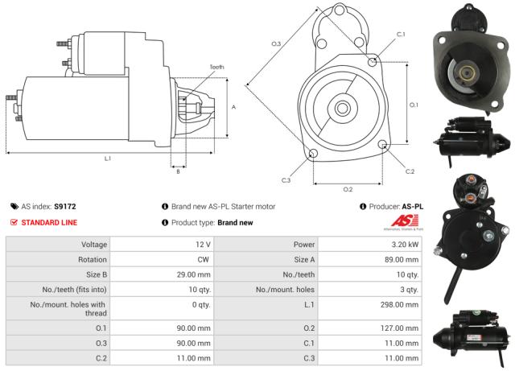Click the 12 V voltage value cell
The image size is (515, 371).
tap(202, 244)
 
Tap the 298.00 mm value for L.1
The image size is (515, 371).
tap(400, 305)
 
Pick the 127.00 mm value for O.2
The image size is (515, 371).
tap(400, 328)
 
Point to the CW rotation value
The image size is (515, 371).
tap(204, 259)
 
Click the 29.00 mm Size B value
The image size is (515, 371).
tap(194, 274)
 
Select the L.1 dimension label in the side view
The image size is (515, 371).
tap(108, 159)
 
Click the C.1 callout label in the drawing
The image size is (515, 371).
tap(401, 34)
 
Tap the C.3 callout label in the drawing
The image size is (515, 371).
tap(286, 179)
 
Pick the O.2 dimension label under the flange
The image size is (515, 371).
tap(348, 189)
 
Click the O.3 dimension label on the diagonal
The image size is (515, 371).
tap(275, 43)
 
